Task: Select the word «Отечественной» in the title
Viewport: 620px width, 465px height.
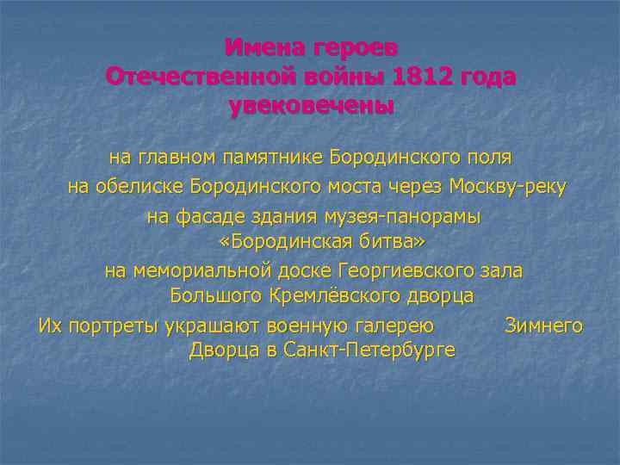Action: [x=201, y=77]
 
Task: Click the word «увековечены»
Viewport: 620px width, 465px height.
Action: [x=311, y=107]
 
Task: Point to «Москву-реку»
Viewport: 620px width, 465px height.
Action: [x=507, y=187]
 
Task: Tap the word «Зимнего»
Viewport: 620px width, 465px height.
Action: [x=543, y=326]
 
